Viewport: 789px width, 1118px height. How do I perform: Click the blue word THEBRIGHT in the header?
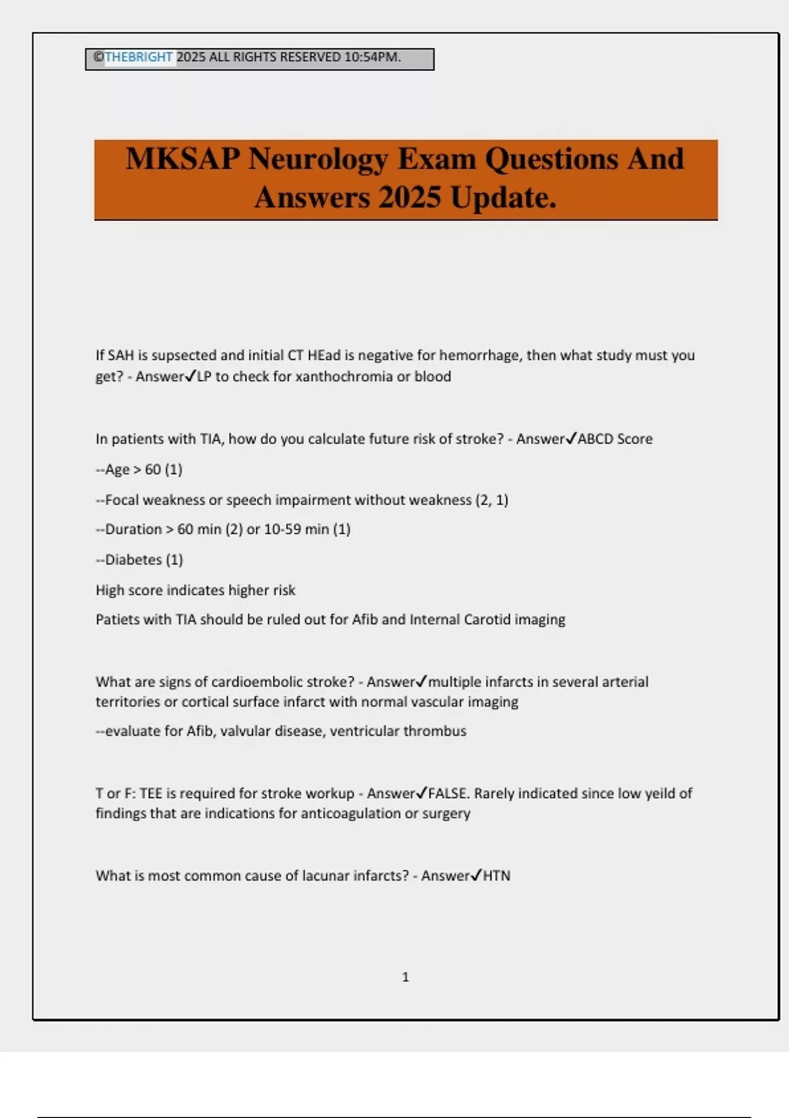click(139, 57)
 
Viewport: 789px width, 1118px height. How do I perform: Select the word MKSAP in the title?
click(182, 159)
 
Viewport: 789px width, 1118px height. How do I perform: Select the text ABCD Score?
click(615, 439)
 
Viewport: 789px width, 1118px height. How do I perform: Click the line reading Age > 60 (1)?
click(139, 470)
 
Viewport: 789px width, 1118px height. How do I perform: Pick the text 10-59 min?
click(296, 529)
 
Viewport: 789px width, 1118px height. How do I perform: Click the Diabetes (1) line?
click(140, 560)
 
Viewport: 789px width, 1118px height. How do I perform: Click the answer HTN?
click(496, 876)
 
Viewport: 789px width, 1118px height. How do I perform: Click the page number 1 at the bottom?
click(406, 977)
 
